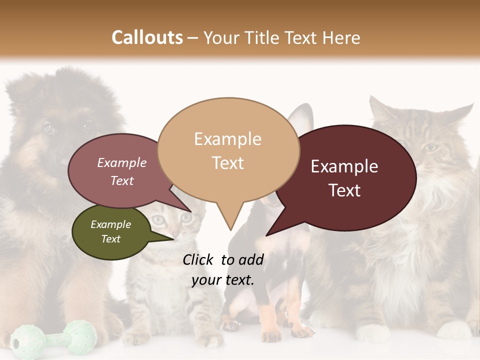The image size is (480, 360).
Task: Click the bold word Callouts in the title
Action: click(147, 37)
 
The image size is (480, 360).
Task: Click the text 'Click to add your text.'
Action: click(223, 270)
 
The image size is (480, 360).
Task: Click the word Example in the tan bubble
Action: click(227, 139)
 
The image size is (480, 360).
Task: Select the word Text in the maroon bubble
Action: click(345, 190)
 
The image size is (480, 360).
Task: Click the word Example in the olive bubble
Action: click(110, 224)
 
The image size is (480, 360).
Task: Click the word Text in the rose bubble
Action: click(122, 181)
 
